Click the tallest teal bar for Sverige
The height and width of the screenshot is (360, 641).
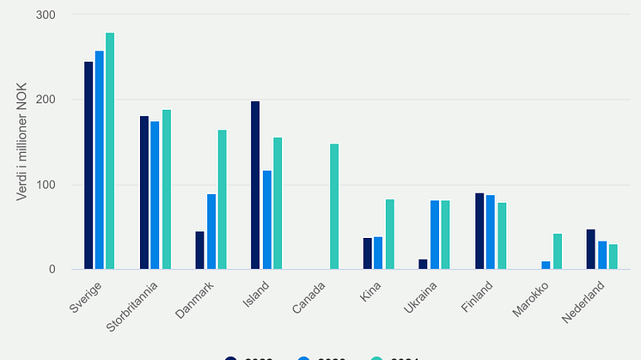pos(110,151)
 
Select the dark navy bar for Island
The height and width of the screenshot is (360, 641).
pos(255,186)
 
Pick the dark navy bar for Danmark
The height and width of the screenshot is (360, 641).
pos(199,250)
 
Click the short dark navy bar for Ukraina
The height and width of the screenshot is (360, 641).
pos(423,265)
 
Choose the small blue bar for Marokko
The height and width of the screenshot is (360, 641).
pos(546,265)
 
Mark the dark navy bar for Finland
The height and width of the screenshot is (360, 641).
pos(479,231)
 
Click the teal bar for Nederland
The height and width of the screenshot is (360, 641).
pos(613,257)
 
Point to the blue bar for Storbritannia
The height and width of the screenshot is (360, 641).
pos(155,196)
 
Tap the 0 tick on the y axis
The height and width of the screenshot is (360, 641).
pos(52,270)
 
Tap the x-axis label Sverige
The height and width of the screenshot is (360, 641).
pos(83,293)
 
